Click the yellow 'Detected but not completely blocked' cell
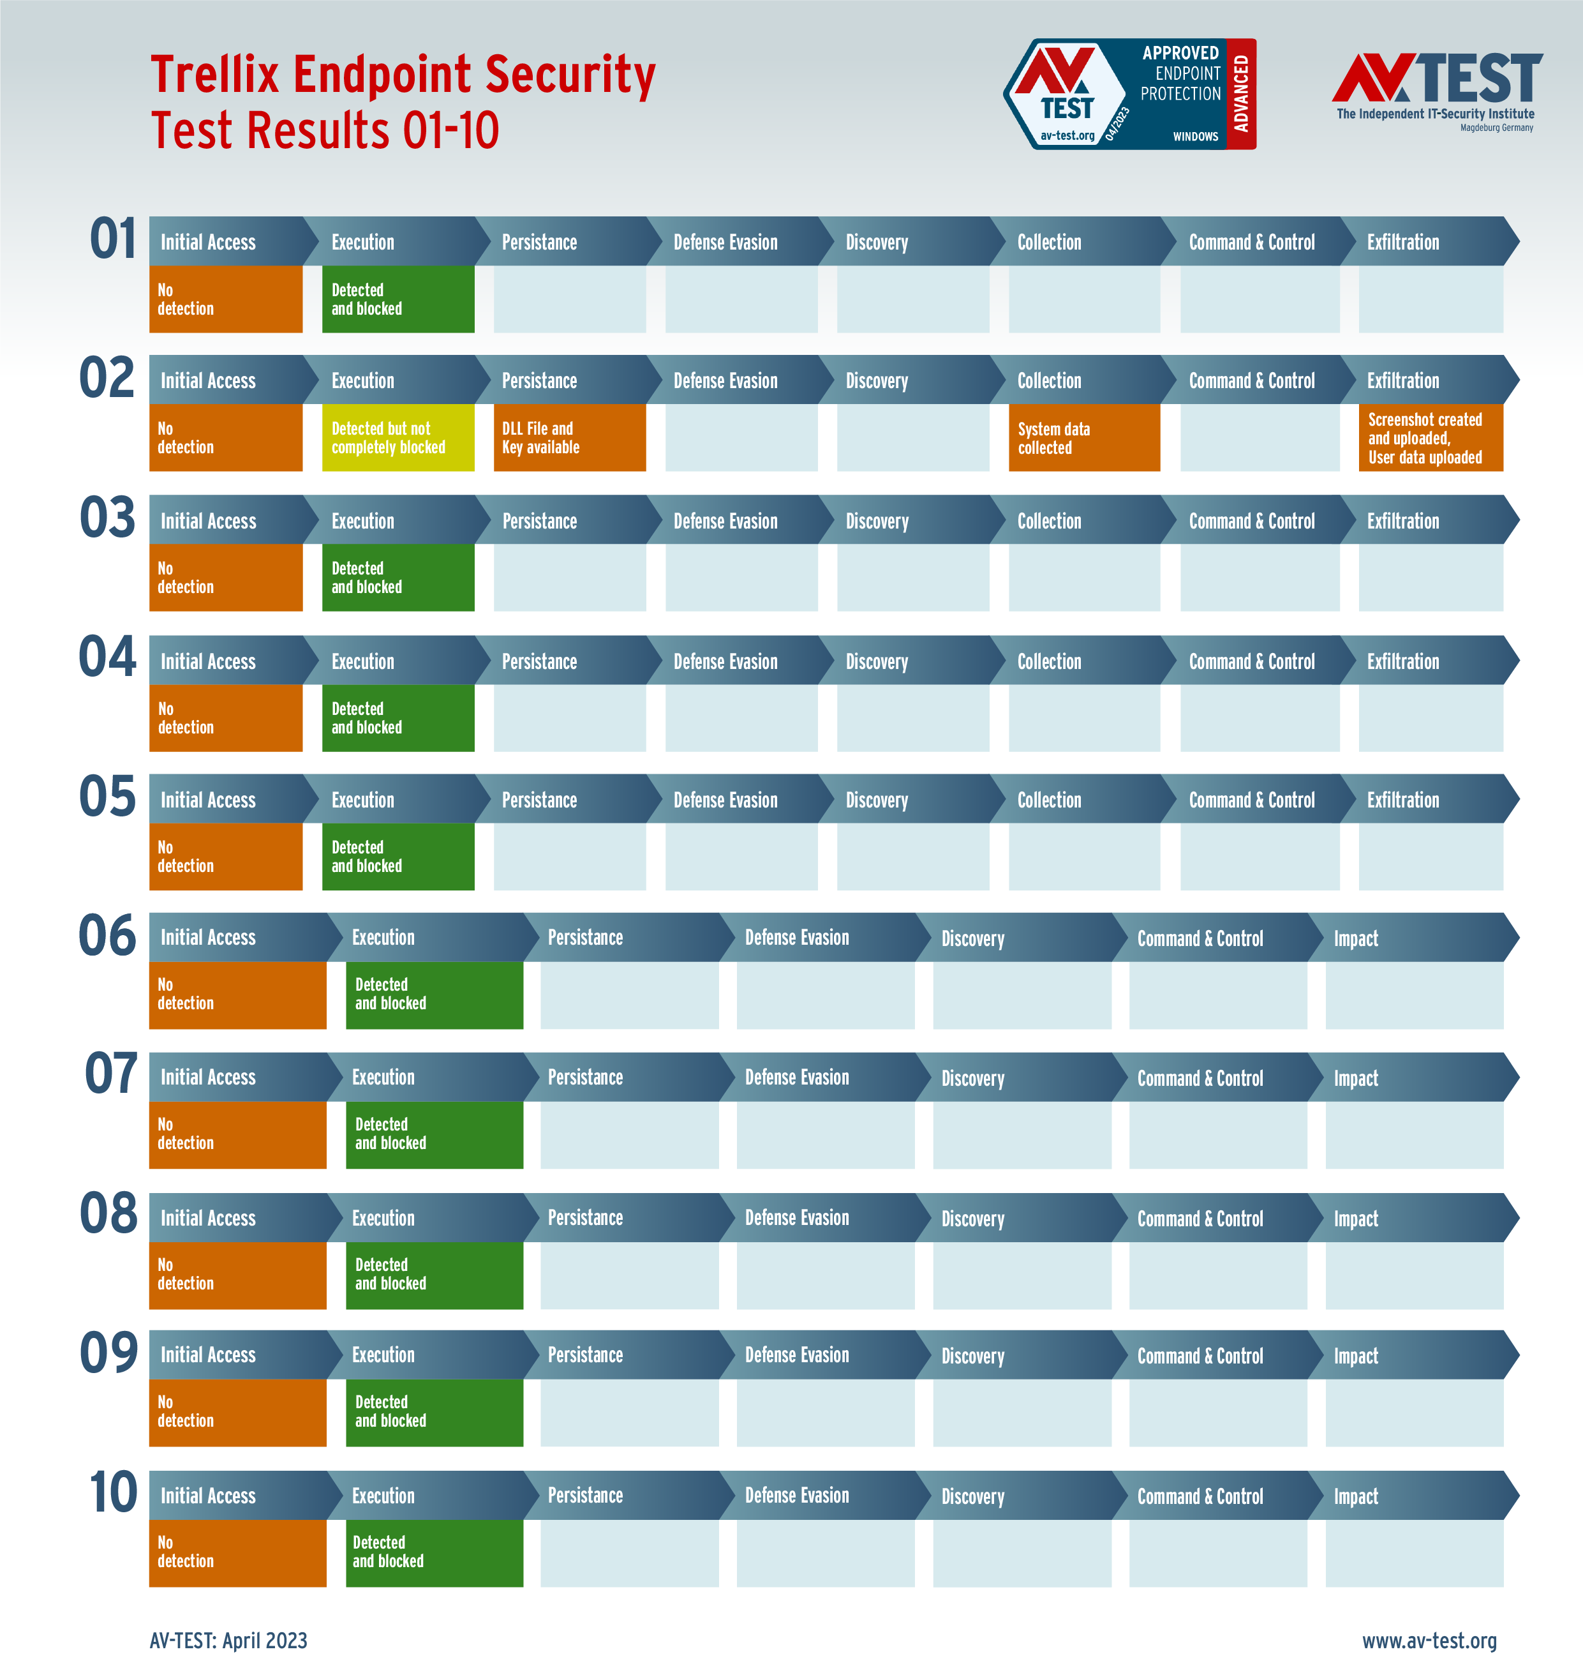point(398,437)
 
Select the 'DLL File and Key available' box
point(570,437)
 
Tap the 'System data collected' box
point(1083,437)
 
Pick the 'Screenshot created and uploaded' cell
point(1431,437)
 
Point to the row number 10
point(112,1492)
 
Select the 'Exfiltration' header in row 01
point(1402,243)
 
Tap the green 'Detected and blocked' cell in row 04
point(398,717)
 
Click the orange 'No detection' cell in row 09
point(237,1411)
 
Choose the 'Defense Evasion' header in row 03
point(725,521)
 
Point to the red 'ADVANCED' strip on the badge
point(1240,94)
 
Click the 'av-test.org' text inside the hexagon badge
point(1067,135)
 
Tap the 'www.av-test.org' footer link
point(1429,1641)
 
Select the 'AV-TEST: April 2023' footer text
point(228,1641)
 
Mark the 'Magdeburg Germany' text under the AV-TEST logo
point(1496,128)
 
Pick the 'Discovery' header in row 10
point(972,1497)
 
